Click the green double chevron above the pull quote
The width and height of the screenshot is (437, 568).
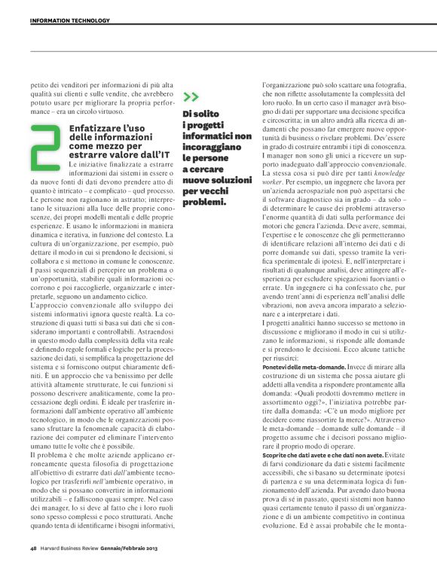click(x=191, y=96)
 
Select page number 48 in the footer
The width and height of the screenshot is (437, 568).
click(x=33, y=548)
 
